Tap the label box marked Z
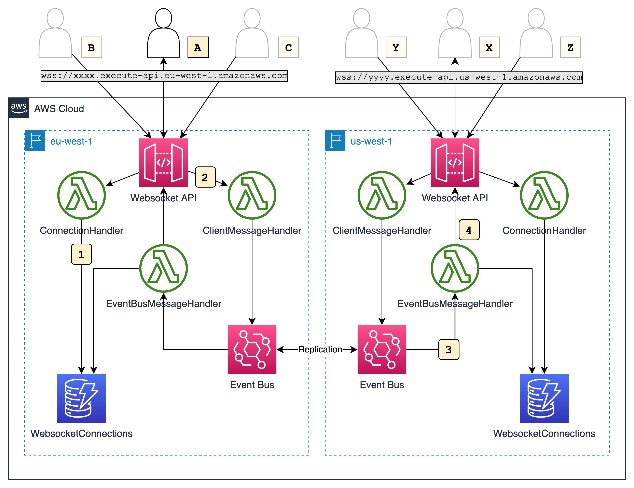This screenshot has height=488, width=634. pos(570,47)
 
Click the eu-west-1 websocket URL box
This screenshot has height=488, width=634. pos(164,76)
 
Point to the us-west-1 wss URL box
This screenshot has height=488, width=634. pos(459,77)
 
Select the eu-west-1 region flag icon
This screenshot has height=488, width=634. pos(35,140)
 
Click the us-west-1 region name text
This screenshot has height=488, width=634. pos(371,141)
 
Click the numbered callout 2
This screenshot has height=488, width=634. pos(205,177)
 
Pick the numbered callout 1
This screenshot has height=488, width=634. pos(82,254)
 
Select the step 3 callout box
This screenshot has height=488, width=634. pos(449,350)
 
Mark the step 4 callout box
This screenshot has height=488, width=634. pos(469,230)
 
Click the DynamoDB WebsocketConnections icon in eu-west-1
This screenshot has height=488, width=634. pos(82,398)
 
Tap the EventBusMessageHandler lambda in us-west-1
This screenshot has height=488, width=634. pos(455,268)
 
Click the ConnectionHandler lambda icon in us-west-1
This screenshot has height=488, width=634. pos(544,195)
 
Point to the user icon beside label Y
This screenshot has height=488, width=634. pos(361,33)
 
